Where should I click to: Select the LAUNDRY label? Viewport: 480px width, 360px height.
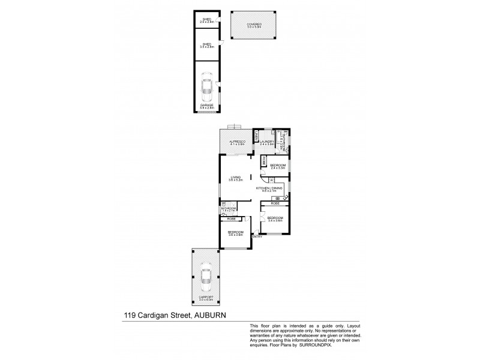[x=267, y=142]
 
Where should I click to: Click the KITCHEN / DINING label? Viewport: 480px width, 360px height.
[x=269, y=189]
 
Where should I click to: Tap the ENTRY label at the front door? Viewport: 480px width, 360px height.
[x=257, y=236]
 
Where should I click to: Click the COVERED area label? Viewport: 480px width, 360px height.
[x=253, y=25]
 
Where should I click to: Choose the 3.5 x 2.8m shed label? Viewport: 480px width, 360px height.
[x=207, y=44]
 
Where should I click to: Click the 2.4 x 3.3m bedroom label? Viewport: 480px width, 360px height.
[x=277, y=166]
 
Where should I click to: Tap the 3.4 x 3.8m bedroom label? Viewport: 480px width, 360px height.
[x=275, y=218]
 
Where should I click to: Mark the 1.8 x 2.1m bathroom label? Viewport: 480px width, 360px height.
[x=229, y=209]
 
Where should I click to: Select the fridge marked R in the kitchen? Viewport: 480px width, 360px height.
[x=271, y=179]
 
